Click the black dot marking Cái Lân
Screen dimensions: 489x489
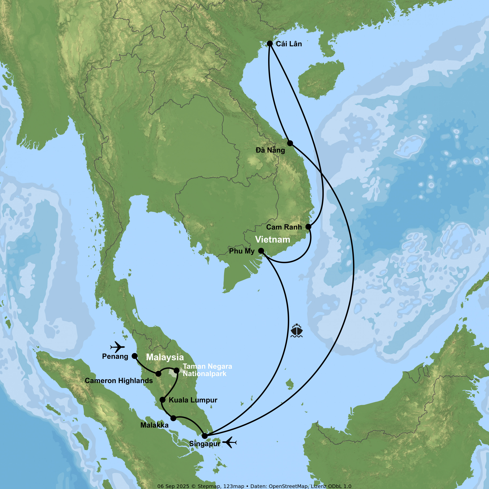tap(270, 44)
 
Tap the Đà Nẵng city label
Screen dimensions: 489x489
tap(270, 150)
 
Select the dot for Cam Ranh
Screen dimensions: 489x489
tap(308, 227)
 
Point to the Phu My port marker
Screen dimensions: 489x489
tap(261, 251)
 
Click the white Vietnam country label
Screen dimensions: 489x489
tap(273, 239)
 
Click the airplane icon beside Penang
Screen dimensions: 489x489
tap(117, 347)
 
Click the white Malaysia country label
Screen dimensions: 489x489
tap(165, 357)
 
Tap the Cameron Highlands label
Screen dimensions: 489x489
tap(119, 381)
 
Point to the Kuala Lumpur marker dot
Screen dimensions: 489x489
tap(163, 400)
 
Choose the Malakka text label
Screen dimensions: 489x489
tap(154, 425)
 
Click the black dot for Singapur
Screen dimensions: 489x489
tap(205, 436)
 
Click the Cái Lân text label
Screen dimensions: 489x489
tap(289, 44)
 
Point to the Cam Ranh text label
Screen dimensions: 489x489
tap(284, 227)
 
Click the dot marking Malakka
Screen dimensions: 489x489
tap(173, 418)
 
